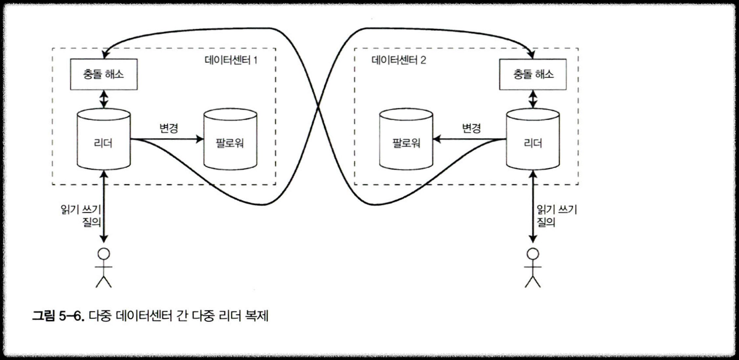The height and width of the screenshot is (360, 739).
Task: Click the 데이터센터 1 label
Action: click(232, 59)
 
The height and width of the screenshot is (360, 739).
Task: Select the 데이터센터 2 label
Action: click(399, 59)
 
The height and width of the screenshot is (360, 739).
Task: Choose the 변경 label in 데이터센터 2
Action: click(471, 128)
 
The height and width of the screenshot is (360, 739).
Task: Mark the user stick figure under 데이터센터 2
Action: click(532, 267)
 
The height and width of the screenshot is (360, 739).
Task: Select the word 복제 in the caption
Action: click(256, 316)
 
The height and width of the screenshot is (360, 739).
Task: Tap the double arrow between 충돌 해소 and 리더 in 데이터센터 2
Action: click(532, 98)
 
